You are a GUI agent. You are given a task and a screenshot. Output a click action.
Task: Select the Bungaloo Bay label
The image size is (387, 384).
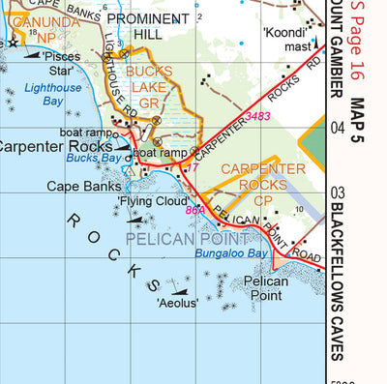click(230, 253)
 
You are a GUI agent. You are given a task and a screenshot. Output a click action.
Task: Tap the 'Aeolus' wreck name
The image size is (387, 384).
click(177, 303)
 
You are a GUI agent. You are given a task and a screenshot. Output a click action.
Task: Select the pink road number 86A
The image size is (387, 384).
click(195, 209)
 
